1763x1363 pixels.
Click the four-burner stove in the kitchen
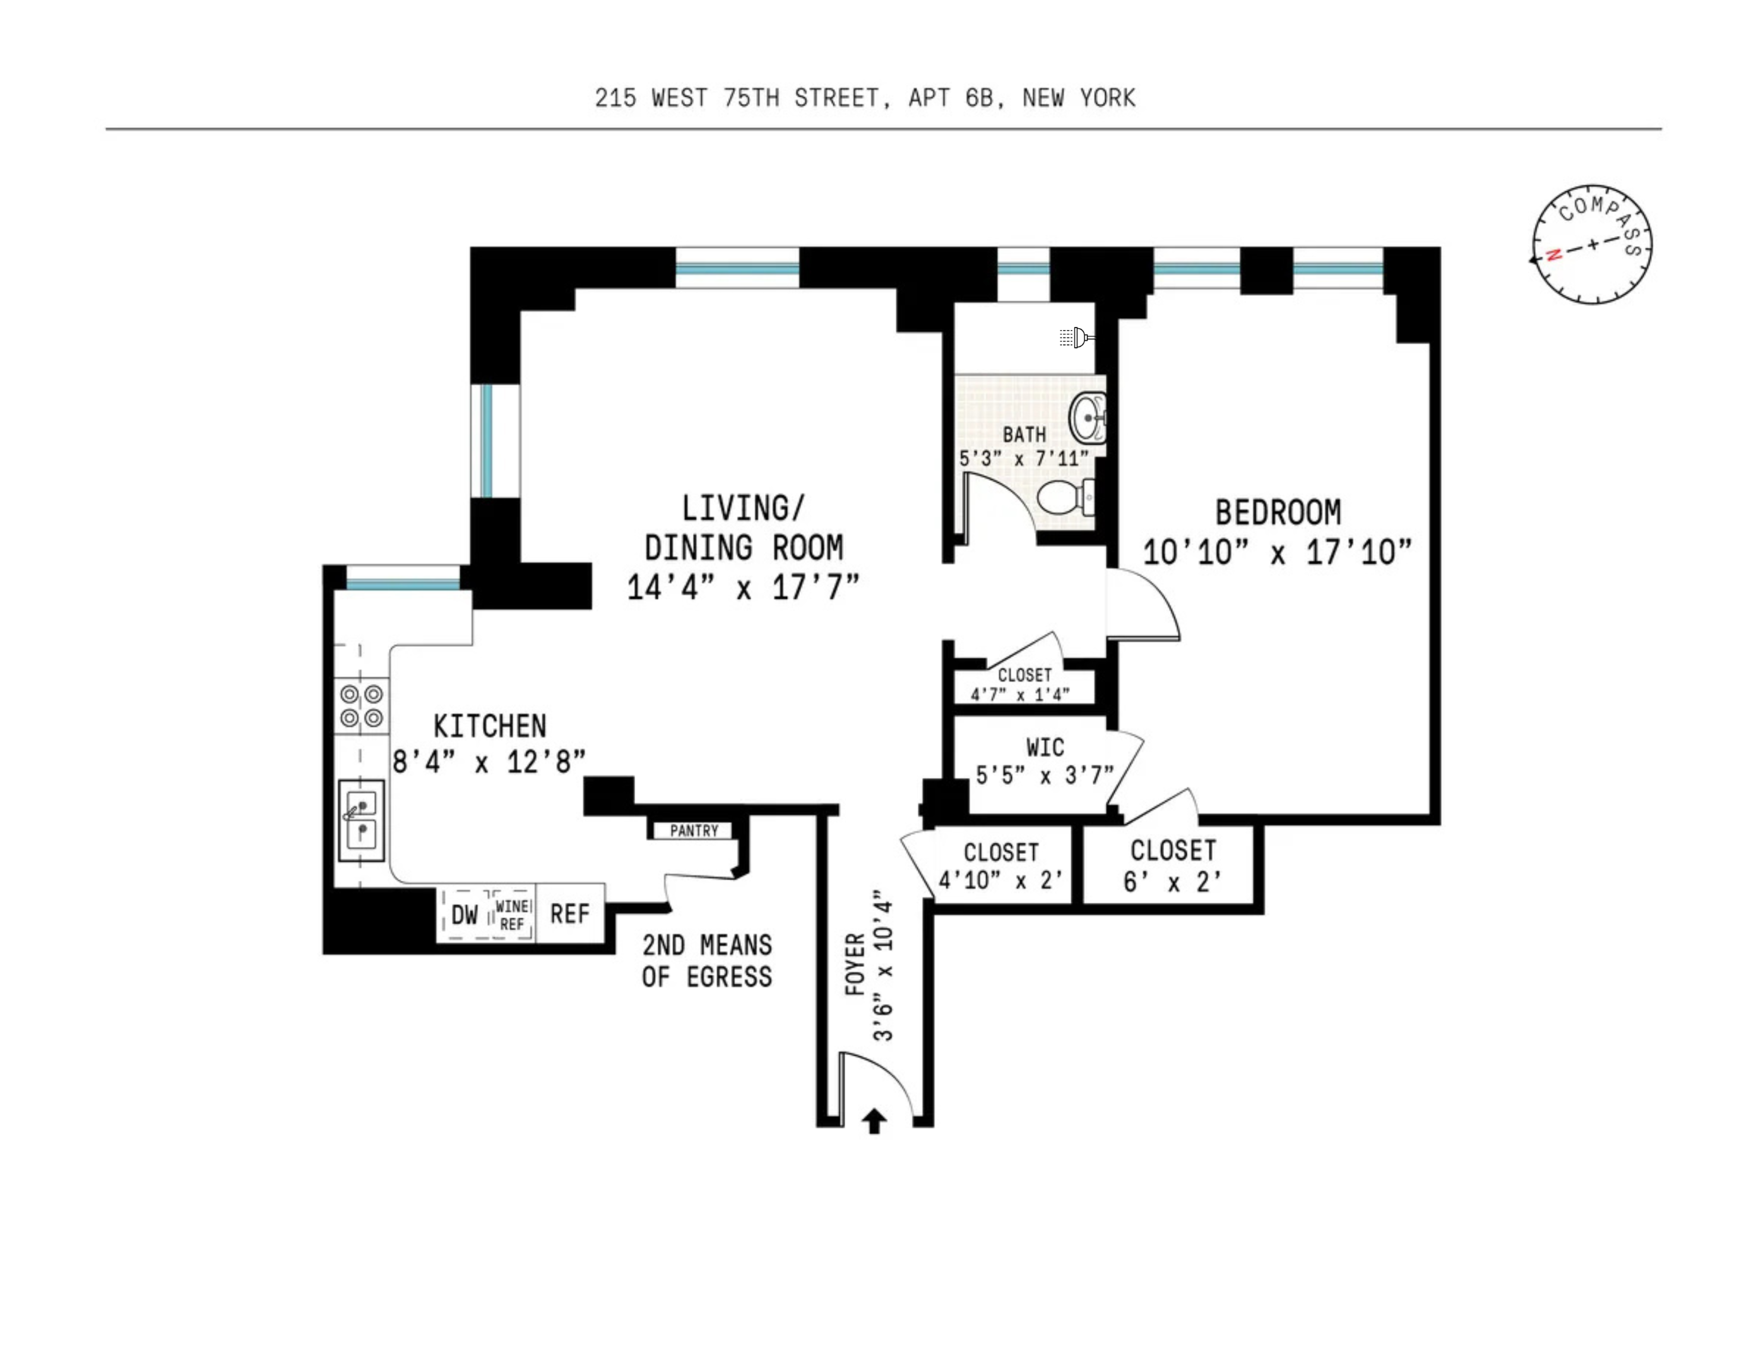click(x=361, y=706)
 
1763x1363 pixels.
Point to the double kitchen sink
click(x=361, y=819)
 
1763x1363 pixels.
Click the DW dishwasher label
click(x=464, y=914)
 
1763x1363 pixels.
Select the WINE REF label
click(x=512, y=915)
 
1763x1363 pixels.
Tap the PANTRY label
click(x=694, y=830)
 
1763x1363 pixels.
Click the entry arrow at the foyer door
click(x=874, y=1121)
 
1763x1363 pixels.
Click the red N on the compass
click(x=1553, y=255)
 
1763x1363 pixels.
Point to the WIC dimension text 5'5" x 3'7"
click(x=1045, y=776)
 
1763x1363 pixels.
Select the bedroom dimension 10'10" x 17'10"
click(x=1277, y=553)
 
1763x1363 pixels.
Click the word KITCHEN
click(x=490, y=726)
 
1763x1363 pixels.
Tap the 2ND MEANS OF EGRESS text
click(x=707, y=961)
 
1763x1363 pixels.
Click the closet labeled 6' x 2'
click(x=1172, y=865)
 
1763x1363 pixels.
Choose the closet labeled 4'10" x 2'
click(x=1001, y=866)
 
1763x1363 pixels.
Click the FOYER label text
click(x=855, y=964)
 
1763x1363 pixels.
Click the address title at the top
click(x=865, y=98)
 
